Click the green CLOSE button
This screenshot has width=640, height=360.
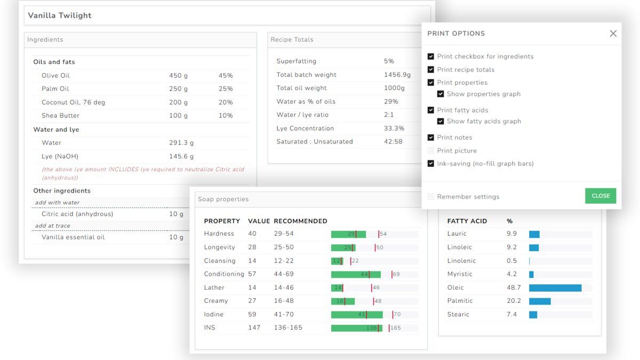tap(601, 196)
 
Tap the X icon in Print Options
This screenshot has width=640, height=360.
tap(613, 34)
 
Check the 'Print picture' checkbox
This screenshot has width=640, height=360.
tap(431, 151)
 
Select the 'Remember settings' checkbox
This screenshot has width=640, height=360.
tap(431, 197)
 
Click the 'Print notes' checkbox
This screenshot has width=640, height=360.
tap(431, 138)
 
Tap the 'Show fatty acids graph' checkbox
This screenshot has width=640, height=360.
tap(441, 122)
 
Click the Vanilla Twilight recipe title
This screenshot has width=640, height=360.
tap(60, 15)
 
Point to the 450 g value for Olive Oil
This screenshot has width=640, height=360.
tap(178, 76)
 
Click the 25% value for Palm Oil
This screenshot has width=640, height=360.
tap(226, 89)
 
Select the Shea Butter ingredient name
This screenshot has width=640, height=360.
tap(60, 116)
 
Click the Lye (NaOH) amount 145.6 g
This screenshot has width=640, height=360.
tap(181, 157)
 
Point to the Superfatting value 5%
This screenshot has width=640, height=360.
tap(389, 61)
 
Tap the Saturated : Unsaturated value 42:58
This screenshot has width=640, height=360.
tap(393, 142)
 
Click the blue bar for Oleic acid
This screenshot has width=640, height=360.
tap(555, 288)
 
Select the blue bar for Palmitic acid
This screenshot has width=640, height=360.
tap(540, 301)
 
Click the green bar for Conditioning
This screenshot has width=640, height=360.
tap(356, 275)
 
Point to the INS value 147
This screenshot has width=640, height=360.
tap(254, 327)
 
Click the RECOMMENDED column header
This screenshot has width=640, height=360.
tap(300, 221)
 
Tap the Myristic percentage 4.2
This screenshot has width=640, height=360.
tap(511, 274)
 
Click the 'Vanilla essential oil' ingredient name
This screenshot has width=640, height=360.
tap(73, 237)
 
